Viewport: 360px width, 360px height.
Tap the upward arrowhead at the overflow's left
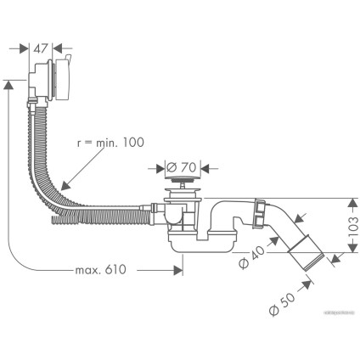click(x=10, y=83)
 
